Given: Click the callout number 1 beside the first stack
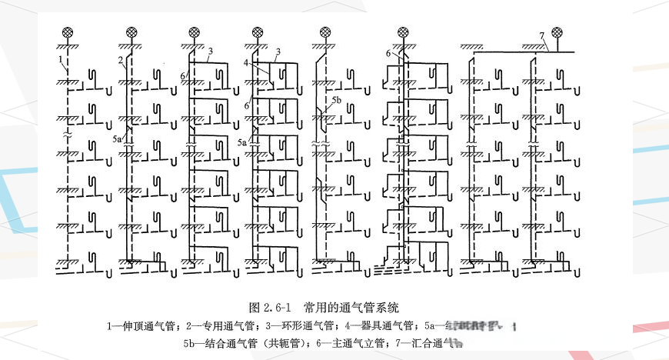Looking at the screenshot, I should pyautogui.click(x=59, y=59).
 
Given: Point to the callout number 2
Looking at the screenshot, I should pyautogui.click(x=121, y=59).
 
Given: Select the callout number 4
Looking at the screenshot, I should pyautogui.click(x=246, y=62).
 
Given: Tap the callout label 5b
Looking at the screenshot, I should pyautogui.click(x=335, y=101).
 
